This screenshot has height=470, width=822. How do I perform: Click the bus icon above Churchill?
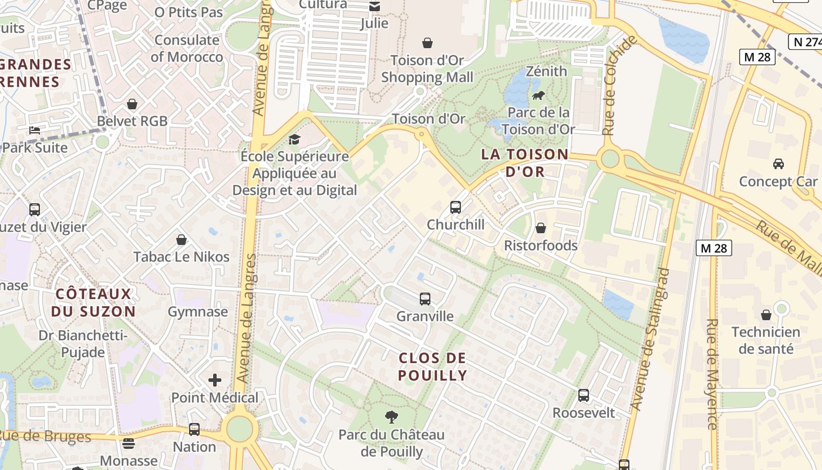point(455,207)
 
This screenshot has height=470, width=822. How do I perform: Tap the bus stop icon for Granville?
point(425,299)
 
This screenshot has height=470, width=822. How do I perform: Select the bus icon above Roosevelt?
point(583,395)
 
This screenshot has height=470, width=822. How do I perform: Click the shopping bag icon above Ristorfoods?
point(540,228)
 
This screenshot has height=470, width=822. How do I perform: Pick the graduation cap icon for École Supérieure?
point(294,139)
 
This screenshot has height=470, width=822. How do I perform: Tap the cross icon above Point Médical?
point(215,380)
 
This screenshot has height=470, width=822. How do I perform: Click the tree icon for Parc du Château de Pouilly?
point(391,418)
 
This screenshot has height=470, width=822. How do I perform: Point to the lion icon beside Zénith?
point(538,95)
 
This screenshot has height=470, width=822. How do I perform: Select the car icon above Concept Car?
point(778,164)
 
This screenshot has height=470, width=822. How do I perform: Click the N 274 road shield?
point(804,42)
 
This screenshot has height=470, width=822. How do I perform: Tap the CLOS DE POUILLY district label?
point(433,367)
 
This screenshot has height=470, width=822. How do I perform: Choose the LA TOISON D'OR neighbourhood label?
point(525,163)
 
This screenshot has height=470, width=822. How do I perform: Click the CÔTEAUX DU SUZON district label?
point(93,303)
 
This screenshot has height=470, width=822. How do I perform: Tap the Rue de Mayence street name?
point(713,374)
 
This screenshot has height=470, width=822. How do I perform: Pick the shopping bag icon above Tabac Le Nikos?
point(181,240)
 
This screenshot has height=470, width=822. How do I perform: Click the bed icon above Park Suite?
point(35,130)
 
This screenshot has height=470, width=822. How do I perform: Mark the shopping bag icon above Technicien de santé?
point(766,315)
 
